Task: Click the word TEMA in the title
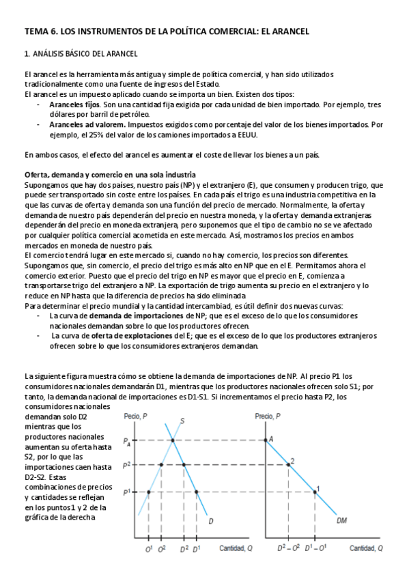[36, 31]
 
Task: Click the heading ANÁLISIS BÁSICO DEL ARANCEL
[85, 54]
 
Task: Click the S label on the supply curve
[182, 421]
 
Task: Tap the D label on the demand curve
[211, 522]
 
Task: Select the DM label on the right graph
[343, 522]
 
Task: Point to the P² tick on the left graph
[127, 465]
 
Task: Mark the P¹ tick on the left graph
[127, 492]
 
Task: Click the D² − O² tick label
[292, 548]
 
